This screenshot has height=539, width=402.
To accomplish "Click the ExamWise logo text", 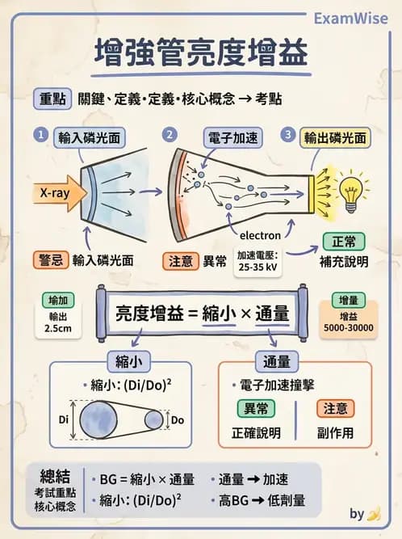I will [350, 17].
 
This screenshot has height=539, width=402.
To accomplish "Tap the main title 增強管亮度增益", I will [201, 55].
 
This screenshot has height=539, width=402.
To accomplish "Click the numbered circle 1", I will [39, 134].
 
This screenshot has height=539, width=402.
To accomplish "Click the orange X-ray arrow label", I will [55, 192].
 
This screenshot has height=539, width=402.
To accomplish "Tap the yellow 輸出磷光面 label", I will [334, 137].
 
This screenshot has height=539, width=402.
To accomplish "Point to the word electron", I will [261, 235].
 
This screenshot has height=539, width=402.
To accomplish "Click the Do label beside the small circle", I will [178, 419].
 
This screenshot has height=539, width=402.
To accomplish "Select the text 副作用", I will [334, 433].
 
